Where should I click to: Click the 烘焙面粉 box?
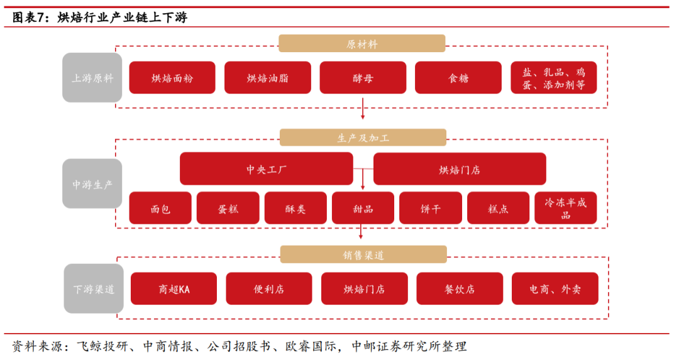(172, 78)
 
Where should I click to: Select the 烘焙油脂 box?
(268, 78)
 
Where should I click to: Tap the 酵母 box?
(363, 78)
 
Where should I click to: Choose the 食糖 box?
(458, 78)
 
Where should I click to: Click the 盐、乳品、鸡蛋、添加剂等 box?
(553, 78)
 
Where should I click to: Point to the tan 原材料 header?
(362, 44)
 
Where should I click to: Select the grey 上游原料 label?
(92, 78)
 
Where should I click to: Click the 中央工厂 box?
(267, 169)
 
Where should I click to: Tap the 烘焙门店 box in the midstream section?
(460, 169)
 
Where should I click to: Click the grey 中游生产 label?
(92, 184)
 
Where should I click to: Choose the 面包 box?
(160, 209)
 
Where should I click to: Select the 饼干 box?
(431, 209)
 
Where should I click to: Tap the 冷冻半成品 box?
(566, 209)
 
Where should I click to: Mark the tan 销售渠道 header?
(363, 254)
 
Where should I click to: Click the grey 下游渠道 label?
(94, 289)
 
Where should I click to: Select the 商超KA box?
(174, 289)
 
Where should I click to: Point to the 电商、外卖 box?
(555, 289)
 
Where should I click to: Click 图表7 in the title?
(30, 18)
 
